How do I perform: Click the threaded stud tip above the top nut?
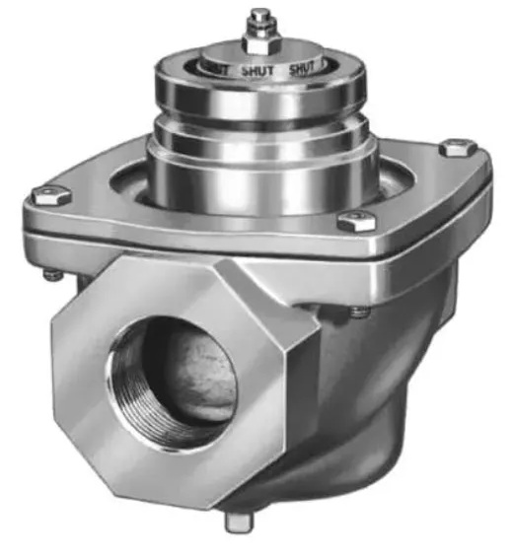pos(259,16)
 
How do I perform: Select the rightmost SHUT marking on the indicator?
pos(306,69)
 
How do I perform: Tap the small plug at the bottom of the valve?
pos(236,522)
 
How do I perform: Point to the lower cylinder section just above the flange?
pos(261,168)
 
